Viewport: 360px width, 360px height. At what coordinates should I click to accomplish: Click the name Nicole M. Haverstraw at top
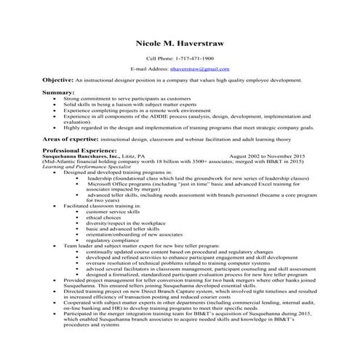180,44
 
